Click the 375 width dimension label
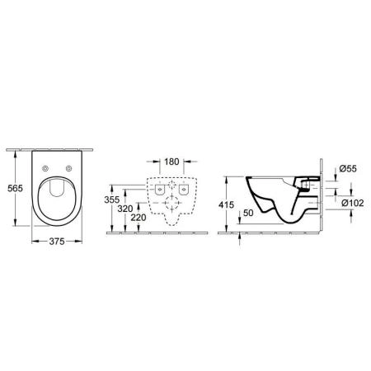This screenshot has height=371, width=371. (x=56, y=242)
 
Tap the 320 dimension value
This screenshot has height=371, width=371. (x=126, y=209)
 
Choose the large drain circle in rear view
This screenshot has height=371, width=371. (x=171, y=202)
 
